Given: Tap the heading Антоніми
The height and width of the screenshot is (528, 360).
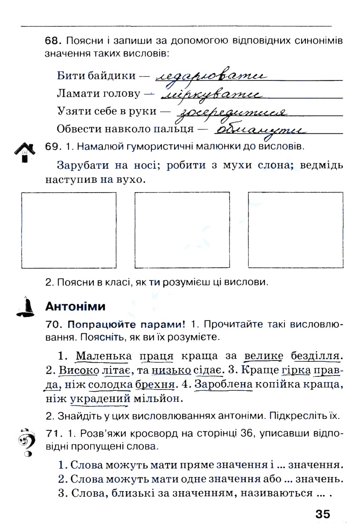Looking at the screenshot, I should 75,307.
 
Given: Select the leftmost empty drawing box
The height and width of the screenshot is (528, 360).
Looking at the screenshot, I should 69,230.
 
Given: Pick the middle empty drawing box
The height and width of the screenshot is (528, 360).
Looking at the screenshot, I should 182,230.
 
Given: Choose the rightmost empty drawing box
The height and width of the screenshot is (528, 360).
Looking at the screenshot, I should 295,230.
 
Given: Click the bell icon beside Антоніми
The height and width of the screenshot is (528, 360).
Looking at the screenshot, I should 26,307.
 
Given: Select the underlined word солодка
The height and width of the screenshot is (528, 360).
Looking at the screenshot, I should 110,385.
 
